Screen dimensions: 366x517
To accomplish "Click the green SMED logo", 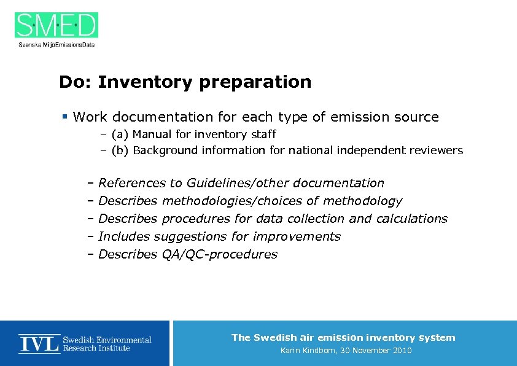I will click(56, 25).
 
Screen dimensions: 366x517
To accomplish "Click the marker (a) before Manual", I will click(120, 134).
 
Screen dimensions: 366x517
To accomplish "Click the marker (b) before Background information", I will click(120, 150).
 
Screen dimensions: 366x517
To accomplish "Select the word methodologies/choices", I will click(240, 201).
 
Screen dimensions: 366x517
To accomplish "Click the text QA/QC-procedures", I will click(219, 254).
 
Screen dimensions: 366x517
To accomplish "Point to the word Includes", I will click(124, 236).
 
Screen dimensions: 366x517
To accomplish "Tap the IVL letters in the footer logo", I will click(39, 343).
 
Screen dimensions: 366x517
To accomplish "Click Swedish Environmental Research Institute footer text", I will click(107, 344).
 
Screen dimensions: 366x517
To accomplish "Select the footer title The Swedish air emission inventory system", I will click(343, 337).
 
